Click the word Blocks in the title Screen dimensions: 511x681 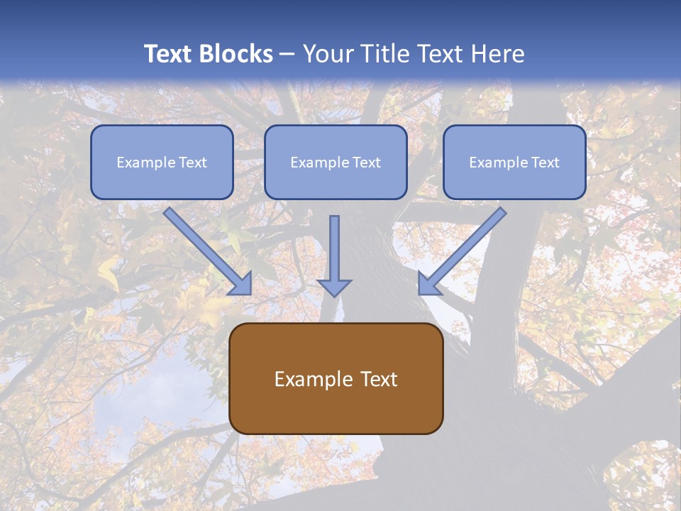coord(238,54)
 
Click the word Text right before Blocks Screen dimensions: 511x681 coord(170,54)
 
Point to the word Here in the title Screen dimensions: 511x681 coord(497,54)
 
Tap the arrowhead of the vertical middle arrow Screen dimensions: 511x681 coord(334,287)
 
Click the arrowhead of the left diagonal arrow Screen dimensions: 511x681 coord(241,284)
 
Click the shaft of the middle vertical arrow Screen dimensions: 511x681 coord(334,245)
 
